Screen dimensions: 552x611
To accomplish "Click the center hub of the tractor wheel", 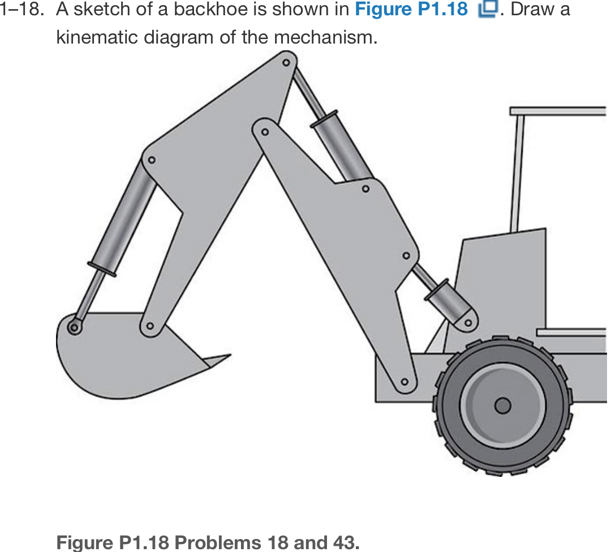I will pyautogui.click(x=502, y=406).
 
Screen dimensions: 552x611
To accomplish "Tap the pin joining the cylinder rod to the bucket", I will pyautogui.click(x=74, y=326).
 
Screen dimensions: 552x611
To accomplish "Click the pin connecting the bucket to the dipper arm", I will pyautogui.click(x=149, y=326).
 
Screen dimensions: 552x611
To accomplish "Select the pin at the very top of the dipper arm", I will pyautogui.click(x=286, y=62).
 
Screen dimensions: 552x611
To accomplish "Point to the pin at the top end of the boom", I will pyautogui.click(x=265, y=132).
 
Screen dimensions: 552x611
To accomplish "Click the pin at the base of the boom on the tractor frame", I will pyautogui.click(x=405, y=382).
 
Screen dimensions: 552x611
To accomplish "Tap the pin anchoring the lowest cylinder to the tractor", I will pyautogui.click(x=468, y=323).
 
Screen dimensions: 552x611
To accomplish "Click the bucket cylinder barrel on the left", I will pyautogui.click(x=123, y=221).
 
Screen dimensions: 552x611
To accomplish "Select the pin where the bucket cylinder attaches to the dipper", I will pyautogui.click(x=151, y=160).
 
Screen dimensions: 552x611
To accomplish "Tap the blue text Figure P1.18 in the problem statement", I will pyautogui.click(x=411, y=10).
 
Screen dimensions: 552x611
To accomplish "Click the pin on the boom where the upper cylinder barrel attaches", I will pyautogui.click(x=366, y=188).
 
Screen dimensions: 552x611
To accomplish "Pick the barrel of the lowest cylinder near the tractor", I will pyautogui.click(x=448, y=302).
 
